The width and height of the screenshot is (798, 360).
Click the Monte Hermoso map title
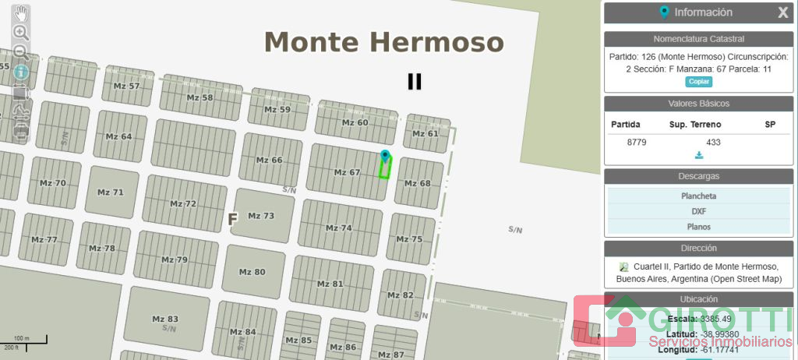click(384, 42)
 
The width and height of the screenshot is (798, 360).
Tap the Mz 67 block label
click(347, 172)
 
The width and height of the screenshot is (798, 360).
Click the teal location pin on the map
click(384, 156)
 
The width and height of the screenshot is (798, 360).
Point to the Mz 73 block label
click(261, 216)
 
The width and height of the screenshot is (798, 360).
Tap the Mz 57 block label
click(126, 86)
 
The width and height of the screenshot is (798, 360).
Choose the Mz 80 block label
click(252, 272)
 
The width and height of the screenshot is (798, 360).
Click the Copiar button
click(698, 82)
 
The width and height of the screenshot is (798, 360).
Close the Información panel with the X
click(782, 12)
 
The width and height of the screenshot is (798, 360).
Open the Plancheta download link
click(698, 196)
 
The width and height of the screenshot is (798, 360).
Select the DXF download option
click(698, 211)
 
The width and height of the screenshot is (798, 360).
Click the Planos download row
click(698, 227)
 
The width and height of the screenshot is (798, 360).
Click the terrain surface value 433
click(713, 142)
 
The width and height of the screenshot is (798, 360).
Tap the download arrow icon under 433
click(698, 155)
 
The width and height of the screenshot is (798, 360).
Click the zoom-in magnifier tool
click(21, 33)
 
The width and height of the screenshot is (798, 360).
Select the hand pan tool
click(21, 13)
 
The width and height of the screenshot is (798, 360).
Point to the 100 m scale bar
click(24, 341)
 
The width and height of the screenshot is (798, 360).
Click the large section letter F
click(232, 220)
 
